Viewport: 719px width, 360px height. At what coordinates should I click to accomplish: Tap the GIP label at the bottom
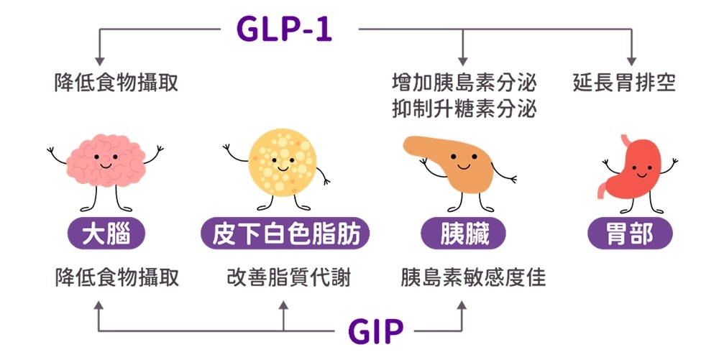click(x=375, y=331)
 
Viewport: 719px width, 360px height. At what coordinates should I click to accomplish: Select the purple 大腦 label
click(x=106, y=234)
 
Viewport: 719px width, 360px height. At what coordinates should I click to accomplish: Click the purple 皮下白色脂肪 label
click(x=285, y=234)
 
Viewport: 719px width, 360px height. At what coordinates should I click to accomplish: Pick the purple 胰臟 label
click(x=462, y=234)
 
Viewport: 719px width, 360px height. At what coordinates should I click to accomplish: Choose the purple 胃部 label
click(x=630, y=234)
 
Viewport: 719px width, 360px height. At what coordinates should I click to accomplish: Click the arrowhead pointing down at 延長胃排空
click(x=632, y=60)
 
